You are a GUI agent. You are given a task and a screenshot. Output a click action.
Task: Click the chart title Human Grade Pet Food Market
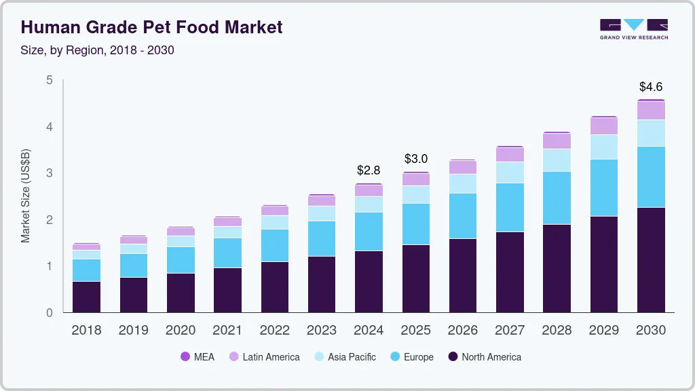click(151, 27)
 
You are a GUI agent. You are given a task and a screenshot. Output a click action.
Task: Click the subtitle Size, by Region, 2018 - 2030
click(98, 50)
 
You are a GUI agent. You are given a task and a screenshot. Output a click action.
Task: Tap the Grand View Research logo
click(633, 29)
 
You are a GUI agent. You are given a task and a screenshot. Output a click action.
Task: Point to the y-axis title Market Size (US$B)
click(26, 196)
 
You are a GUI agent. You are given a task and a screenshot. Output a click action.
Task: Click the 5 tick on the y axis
click(49, 80)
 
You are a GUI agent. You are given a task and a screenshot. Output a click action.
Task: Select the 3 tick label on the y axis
click(49, 173)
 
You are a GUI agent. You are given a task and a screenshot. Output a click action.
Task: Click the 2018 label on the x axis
click(86, 331)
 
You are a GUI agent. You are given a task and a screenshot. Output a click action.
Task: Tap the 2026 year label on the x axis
click(462, 331)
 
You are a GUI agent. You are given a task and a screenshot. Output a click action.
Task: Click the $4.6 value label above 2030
click(651, 87)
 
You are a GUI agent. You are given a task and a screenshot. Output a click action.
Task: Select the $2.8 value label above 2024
click(369, 170)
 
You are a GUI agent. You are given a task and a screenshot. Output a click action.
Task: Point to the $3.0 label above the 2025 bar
click(416, 159)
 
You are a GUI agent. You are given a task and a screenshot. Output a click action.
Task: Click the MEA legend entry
click(198, 357)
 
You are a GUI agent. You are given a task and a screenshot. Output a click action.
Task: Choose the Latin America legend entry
click(264, 357)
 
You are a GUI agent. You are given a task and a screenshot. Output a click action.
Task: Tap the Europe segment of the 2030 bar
click(651, 176)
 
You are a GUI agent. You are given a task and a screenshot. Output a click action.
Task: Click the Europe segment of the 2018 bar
click(86, 270)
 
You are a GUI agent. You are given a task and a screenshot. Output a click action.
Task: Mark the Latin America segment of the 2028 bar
click(557, 141)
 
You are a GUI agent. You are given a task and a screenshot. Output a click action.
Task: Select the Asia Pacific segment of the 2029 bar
click(603, 147)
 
